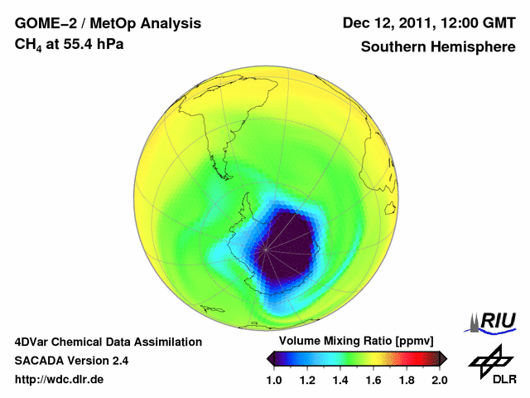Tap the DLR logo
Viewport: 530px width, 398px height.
click(492, 366)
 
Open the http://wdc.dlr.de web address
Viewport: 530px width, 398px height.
click(60, 380)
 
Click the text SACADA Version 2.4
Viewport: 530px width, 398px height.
click(71, 361)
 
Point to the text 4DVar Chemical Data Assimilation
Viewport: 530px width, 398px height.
click(108, 342)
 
